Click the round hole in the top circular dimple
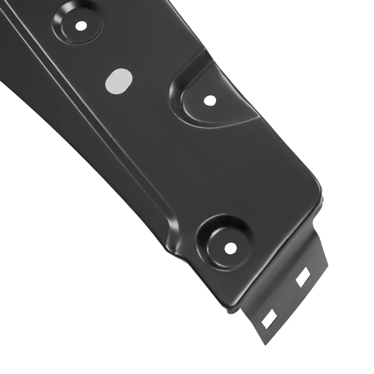(x=81, y=26)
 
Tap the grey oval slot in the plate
(x=118, y=81)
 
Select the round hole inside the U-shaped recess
(x=210, y=101)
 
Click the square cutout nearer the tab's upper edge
(x=303, y=277)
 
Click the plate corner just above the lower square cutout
(x=234, y=308)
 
